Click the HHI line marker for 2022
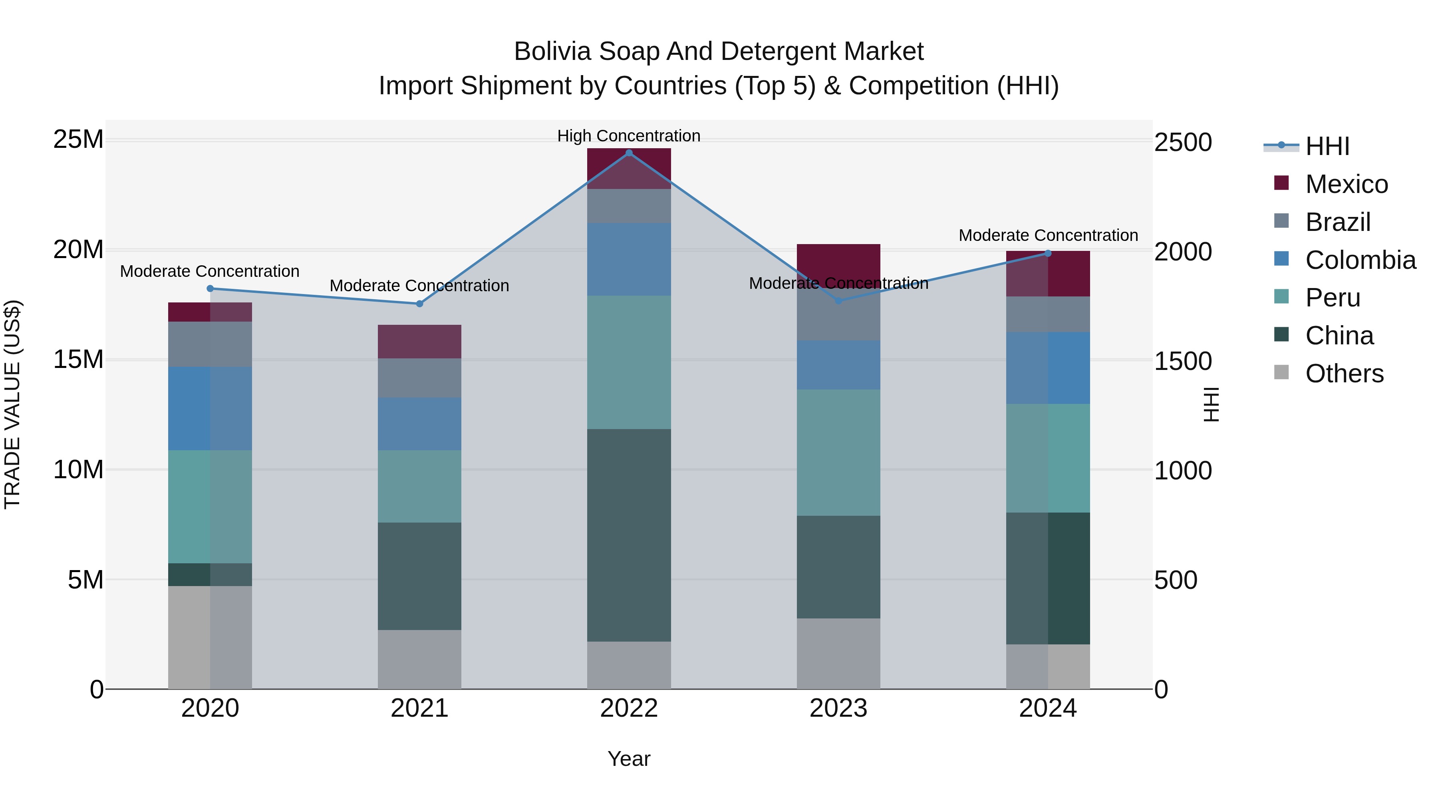pos(629,153)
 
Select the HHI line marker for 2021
pos(420,304)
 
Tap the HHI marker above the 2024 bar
pos(1048,253)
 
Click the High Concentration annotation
pos(629,136)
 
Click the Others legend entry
pos(1344,374)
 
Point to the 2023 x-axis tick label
pos(838,708)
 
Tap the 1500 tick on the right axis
pos(1183,361)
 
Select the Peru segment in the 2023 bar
pos(838,452)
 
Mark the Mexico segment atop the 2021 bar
pos(420,341)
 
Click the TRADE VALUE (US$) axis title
pos(12,404)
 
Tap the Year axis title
pos(629,759)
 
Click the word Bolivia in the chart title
pos(552,52)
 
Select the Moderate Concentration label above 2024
pos(1048,236)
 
